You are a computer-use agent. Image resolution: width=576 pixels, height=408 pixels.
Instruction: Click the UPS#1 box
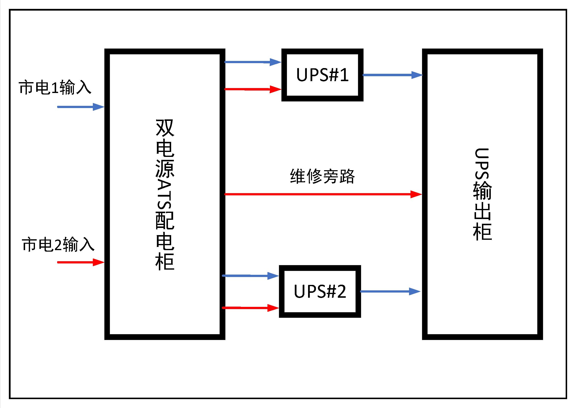coord(322,75)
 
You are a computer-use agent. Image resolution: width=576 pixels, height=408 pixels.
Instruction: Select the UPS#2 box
coord(320,291)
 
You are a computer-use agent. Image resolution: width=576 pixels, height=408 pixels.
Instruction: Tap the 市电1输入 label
coord(55,87)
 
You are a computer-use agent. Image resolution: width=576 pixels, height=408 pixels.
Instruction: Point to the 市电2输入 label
coord(58,244)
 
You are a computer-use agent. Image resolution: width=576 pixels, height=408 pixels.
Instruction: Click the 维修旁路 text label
coord(322,176)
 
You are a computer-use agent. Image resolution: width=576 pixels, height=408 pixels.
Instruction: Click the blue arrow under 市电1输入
coord(80,107)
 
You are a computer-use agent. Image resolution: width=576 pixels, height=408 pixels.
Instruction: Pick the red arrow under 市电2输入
coord(80,262)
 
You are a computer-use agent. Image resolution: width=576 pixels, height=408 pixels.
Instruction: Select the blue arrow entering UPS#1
coord(252,62)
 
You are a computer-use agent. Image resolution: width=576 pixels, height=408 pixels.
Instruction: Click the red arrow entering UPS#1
coord(252,89)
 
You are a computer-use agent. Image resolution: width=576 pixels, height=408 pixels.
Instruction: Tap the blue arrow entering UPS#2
coord(250,276)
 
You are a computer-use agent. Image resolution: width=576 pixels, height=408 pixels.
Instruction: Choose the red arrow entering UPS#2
coord(250,308)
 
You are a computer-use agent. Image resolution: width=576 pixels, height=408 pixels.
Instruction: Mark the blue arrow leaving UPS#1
coord(392,75)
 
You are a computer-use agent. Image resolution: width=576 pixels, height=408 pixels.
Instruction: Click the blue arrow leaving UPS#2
coord(390,291)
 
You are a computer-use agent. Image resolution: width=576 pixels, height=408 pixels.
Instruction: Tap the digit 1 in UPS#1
coord(344,75)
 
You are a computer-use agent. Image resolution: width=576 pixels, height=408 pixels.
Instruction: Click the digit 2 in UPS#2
coord(341,291)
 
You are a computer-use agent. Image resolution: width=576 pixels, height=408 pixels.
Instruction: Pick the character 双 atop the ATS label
coord(165,128)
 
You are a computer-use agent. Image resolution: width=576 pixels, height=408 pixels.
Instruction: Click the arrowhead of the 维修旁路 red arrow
coord(416,194)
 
